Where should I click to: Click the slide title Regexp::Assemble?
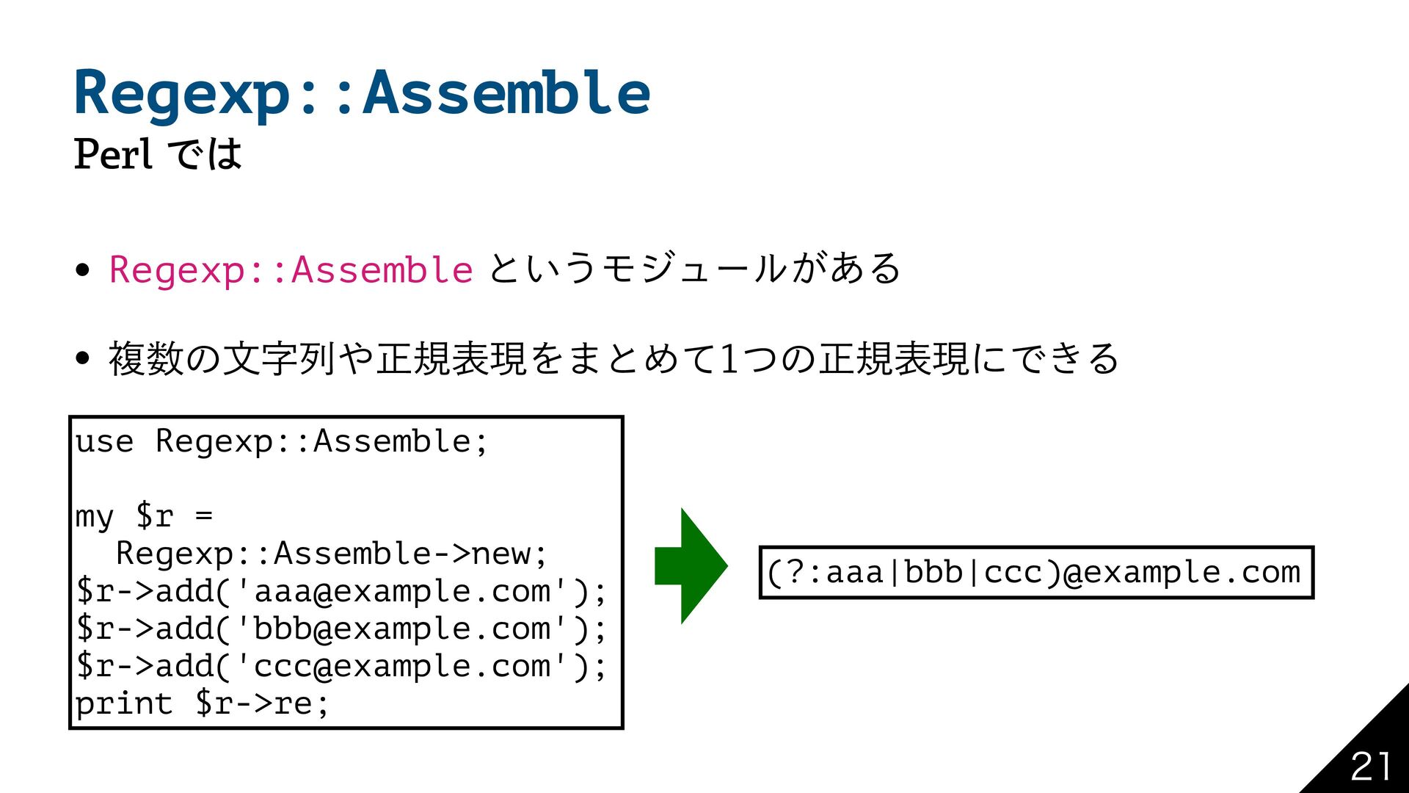click(362, 93)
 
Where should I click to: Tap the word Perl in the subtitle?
click(113, 154)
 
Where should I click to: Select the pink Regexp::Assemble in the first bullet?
click(291, 269)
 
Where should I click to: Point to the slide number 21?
click(1370, 767)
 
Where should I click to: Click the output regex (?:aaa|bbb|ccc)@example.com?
click(1035, 572)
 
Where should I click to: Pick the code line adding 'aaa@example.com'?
click(341, 591)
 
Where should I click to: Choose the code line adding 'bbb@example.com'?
click(341, 629)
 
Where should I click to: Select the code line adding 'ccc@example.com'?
click(341, 666)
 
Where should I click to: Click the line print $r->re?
click(202, 703)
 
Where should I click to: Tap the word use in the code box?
click(104, 441)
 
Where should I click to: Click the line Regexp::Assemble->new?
click(332, 554)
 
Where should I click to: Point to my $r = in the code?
click(144, 516)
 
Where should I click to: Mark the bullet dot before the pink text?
click(82, 269)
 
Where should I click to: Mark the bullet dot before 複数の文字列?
click(82, 358)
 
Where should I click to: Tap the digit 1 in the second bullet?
click(729, 358)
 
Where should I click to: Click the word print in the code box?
click(123, 703)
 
